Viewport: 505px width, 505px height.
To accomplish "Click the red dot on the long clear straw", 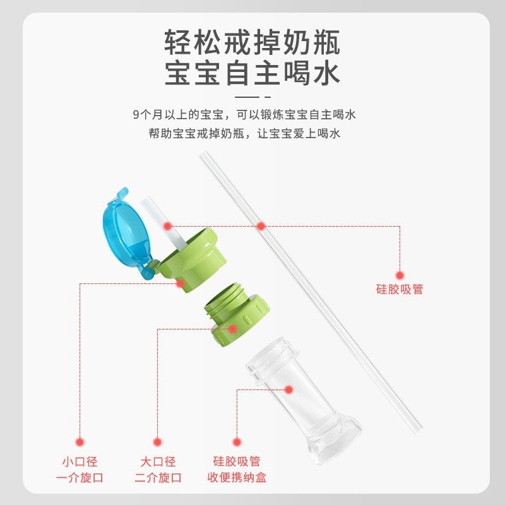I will point(260,225).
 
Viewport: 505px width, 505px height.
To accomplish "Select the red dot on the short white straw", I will point(167,225).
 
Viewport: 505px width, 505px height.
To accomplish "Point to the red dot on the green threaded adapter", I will point(232,329).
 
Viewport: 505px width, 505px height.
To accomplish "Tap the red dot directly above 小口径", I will point(80,443).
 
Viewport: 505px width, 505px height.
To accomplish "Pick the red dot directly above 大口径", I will point(158,443).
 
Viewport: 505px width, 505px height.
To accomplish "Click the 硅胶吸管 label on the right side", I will point(400,290).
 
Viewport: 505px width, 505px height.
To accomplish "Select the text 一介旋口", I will point(80,477).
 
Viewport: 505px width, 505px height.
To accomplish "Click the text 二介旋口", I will point(158,477).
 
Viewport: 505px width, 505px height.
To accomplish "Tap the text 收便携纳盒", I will point(237,477).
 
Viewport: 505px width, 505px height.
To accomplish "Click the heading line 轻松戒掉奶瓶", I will point(252,43).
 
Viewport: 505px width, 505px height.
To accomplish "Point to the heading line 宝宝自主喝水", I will point(252,73).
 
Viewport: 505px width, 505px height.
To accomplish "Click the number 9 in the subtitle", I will point(136,115).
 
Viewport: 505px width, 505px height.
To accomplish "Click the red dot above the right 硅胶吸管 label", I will point(400,275).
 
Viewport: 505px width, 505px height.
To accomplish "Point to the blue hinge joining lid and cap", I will point(149,270).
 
